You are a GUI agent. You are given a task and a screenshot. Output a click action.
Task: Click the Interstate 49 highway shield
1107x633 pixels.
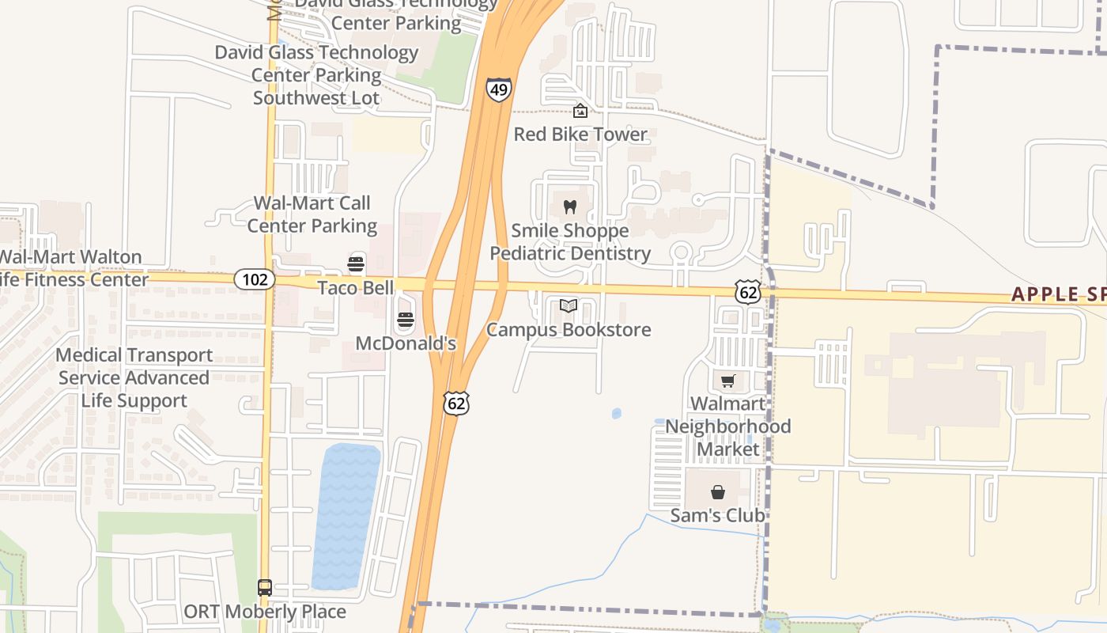point(498,89)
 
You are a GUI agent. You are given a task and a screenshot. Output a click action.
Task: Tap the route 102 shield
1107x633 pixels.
point(255,279)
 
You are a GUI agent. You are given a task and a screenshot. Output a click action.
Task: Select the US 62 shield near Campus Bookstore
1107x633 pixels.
point(747,292)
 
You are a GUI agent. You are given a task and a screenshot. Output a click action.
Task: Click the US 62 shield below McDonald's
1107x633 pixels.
point(457,403)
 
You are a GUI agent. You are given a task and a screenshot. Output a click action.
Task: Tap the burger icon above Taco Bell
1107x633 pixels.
point(356,264)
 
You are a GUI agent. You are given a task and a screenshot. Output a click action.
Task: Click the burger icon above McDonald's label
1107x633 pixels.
point(406,320)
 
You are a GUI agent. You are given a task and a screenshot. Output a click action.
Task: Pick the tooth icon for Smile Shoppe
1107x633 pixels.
point(569,207)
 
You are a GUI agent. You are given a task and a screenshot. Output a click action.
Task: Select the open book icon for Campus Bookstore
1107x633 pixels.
point(569,305)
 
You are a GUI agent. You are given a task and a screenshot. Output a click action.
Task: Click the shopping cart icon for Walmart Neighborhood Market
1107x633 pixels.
point(727,381)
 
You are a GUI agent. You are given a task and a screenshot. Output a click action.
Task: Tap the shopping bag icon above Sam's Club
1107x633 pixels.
point(717,492)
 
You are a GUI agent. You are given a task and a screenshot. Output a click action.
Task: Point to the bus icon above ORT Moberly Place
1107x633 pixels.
point(265,588)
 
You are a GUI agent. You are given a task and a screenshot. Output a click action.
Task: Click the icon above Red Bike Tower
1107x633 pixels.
point(580,111)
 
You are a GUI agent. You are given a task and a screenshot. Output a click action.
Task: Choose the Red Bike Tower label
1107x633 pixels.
point(580,135)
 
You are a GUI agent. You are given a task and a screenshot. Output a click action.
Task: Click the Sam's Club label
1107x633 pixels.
point(717,516)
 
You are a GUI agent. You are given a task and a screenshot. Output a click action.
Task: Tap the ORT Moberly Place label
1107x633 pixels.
point(265,612)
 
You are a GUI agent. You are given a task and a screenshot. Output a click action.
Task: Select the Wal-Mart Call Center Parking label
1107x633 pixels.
point(312,214)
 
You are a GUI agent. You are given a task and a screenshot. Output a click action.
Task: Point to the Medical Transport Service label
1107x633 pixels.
point(134,377)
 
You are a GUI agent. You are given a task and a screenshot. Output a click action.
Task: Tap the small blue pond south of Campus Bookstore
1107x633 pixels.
point(617,413)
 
